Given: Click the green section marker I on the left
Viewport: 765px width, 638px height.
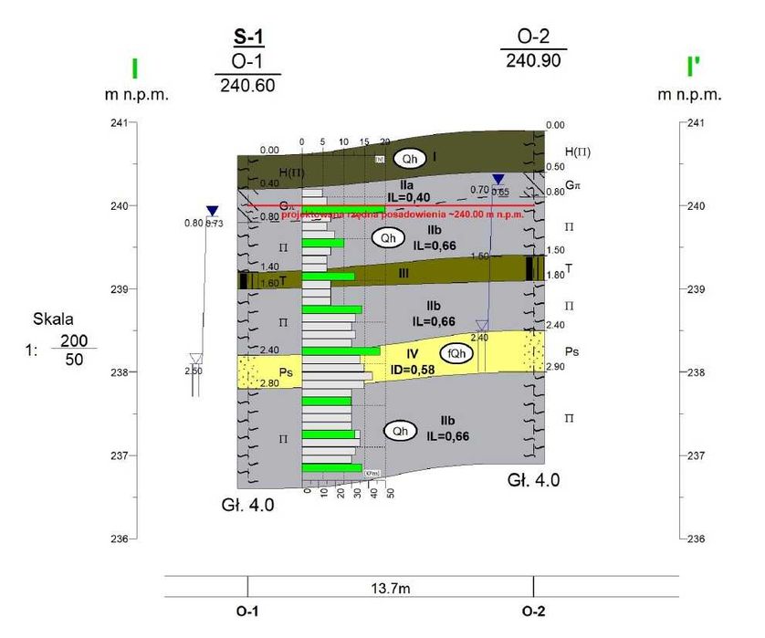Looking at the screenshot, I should click(134, 69).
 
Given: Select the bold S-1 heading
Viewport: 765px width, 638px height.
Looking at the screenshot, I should click(247, 38).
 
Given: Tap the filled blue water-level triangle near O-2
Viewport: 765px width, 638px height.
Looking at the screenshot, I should click(498, 179).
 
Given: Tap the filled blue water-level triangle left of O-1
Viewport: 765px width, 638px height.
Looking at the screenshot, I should click(212, 211).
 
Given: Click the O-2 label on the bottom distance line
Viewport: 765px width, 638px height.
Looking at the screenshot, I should click(534, 612).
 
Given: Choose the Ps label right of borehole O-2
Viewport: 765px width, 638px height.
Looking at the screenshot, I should click(571, 350).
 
